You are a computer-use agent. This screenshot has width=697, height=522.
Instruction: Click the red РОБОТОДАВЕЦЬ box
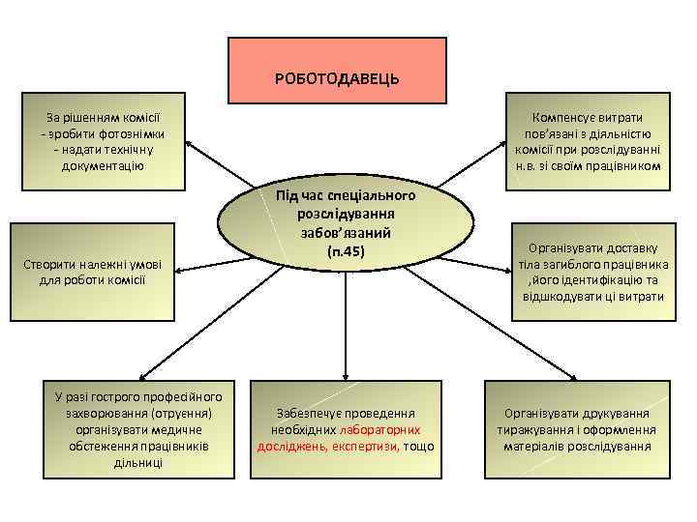337,70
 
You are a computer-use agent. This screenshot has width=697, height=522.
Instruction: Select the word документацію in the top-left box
98,166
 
